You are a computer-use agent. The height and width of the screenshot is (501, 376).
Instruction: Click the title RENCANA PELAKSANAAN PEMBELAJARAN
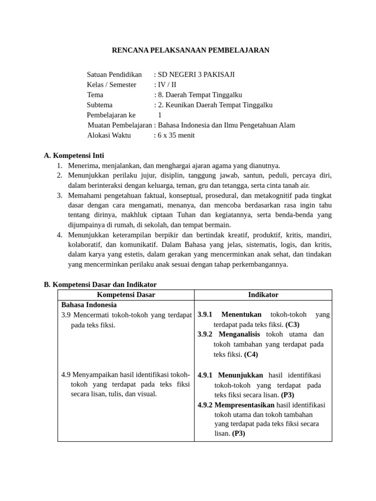point(190,50)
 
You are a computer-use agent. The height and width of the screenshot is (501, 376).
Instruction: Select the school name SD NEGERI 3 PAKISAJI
point(196,74)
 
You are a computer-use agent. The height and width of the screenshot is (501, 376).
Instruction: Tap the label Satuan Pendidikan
point(114,74)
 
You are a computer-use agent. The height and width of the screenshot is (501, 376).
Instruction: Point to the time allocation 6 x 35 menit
point(176,135)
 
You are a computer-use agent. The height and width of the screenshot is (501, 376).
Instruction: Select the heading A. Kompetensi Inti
point(74,156)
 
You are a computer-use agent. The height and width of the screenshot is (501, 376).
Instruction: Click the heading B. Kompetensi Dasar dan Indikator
point(100,284)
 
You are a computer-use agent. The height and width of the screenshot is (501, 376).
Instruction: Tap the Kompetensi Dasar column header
point(126,295)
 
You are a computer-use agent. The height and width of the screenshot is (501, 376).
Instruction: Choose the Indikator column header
point(263,295)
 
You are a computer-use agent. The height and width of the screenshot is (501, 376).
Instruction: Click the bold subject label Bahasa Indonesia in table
point(89,304)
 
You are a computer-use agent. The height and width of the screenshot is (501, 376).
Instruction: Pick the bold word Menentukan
point(241,315)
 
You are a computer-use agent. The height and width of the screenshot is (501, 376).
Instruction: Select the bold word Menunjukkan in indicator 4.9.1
point(240,375)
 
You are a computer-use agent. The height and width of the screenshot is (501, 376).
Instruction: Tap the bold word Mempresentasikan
point(244,405)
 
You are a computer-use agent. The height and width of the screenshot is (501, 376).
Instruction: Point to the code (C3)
point(292,324)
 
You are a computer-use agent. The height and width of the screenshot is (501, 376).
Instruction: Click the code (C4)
point(251,354)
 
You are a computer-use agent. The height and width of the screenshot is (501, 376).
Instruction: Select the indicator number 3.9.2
point(205,334)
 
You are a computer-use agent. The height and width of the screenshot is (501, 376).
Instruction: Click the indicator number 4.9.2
point(205,405)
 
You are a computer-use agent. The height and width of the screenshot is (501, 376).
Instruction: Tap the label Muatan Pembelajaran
point(119,125)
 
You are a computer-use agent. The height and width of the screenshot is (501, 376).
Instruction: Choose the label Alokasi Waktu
point(109,135)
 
